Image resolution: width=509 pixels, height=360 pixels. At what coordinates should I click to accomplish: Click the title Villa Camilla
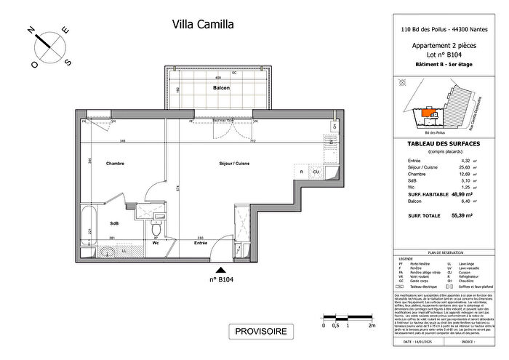tap(202, 24)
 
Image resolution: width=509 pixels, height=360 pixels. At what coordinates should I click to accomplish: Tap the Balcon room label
tap(221, 88)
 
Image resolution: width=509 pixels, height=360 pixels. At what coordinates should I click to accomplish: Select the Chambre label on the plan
tap(116, 164)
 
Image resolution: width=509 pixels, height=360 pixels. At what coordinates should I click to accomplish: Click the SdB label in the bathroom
tap(115, 223)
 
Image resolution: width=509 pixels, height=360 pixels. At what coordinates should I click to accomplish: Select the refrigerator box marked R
tap(301, 172)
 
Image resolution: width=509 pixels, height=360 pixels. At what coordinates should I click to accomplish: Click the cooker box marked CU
tap(317, 172)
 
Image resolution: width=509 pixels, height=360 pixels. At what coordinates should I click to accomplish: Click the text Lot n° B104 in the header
tap(444, 54)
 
